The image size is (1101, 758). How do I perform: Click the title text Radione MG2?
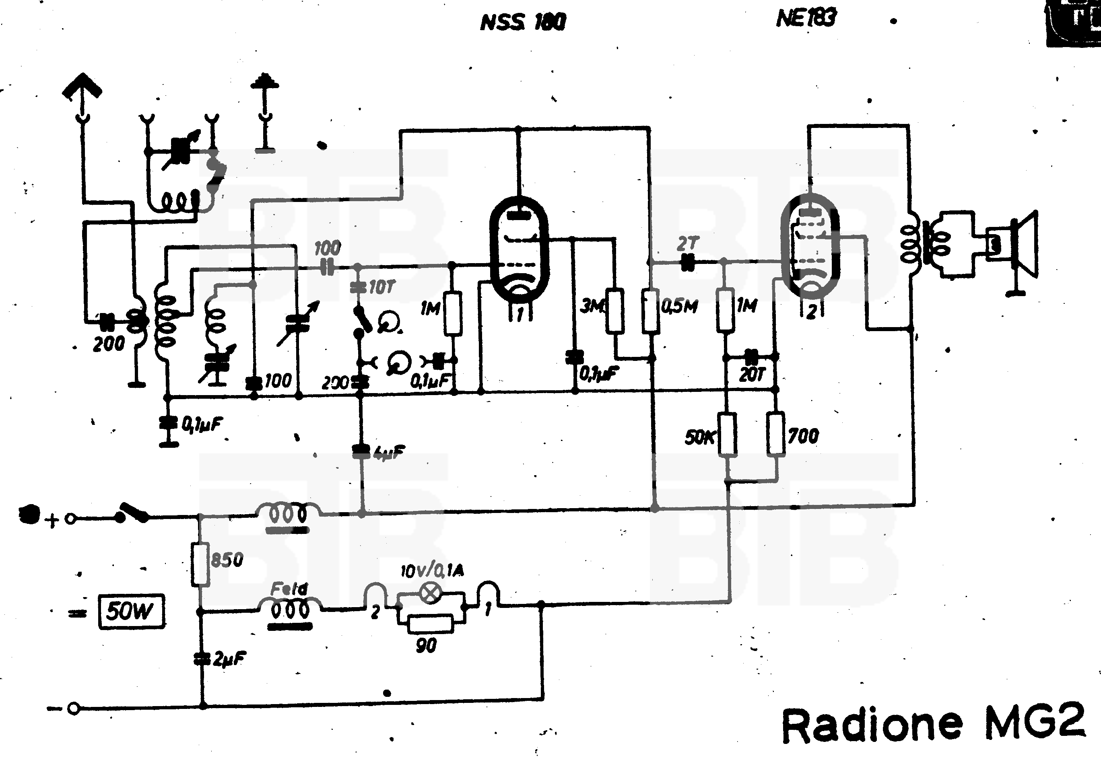[x=933, y=726]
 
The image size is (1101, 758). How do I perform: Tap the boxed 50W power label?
[x=131, y=612]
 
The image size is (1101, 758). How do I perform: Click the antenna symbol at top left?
[x=82, y=90]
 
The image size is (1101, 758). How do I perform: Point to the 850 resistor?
[x=200, y=564]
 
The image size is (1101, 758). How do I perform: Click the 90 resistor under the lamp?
[x=430, y=624]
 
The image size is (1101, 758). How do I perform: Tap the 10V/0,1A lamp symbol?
[x=430, y=593]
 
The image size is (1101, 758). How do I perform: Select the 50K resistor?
[x=727, y=435]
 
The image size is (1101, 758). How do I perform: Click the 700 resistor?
[x=775, y=435]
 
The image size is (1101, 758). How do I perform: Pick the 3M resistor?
[x=614, y=311]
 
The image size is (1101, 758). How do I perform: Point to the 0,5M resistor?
[x=651, y=311]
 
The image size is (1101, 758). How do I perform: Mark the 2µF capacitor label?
[x=229, y=659]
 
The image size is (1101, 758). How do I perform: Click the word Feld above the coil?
[x=289, y=589]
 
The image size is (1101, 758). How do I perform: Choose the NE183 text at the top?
[x=806, y=19]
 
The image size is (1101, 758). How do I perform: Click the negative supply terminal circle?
[x=73, y=709]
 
